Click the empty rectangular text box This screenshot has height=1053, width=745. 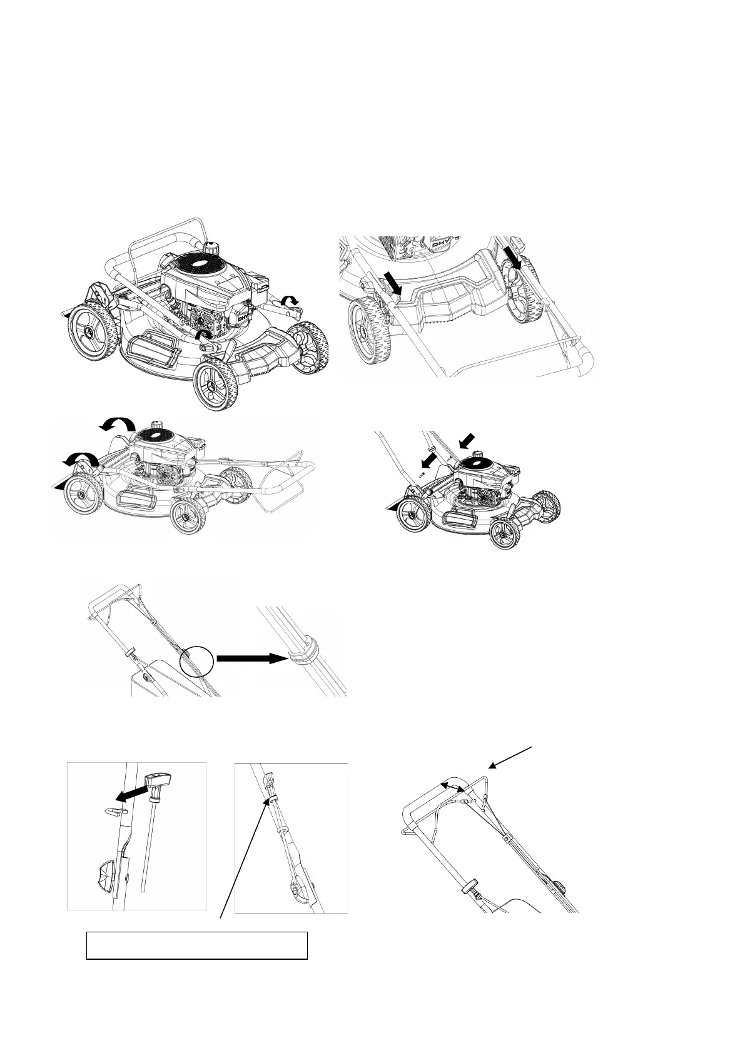(196, 945)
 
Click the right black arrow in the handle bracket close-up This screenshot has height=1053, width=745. (513, 256)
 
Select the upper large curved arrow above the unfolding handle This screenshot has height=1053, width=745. (117, 425)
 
